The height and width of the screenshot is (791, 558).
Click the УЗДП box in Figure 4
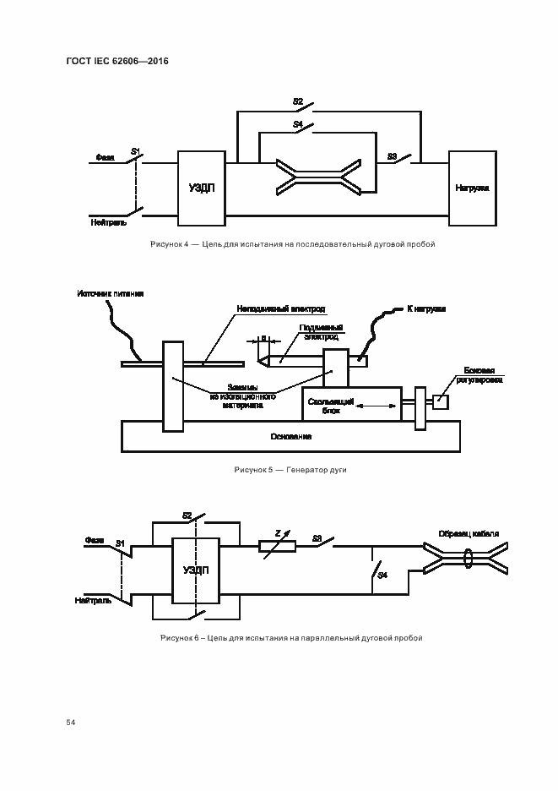coord(202,188)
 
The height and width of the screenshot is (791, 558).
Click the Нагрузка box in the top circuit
coord(472,188)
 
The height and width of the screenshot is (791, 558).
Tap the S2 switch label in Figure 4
coord(298,101)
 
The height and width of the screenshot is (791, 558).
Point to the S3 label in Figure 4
coord(392,155)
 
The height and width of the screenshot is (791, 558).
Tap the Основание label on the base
coord(291,436)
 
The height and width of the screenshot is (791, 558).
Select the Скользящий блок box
coord(352,403)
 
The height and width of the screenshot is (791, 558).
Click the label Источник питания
coord(110,294)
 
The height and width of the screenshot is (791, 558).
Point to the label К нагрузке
coord(426,309)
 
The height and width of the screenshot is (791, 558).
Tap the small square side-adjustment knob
coord(441,402)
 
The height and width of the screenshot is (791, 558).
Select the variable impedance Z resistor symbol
coord(276,547)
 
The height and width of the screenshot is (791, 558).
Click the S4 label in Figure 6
coord(382,575)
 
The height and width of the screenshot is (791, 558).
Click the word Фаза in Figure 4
coord(106,156)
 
